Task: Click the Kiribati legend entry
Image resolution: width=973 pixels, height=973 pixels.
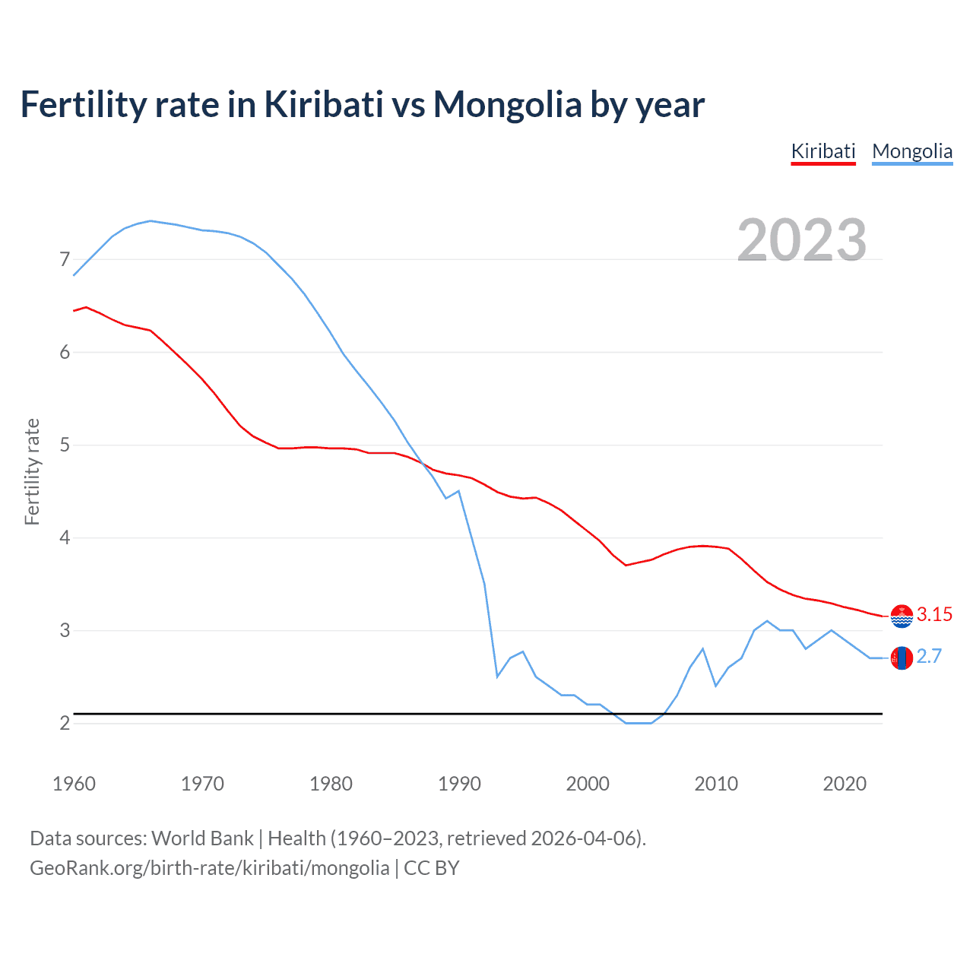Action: tap(823, 151)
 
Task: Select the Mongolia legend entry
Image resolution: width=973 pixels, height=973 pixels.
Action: tap(911, 151)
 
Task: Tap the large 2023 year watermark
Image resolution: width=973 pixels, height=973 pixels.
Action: tap(801, 240)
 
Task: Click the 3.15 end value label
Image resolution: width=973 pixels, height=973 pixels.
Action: tap(934, 614)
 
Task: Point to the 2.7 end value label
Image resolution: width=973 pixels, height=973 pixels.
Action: tap(929, 656)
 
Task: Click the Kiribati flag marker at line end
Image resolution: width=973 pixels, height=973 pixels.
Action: tap(902, 616)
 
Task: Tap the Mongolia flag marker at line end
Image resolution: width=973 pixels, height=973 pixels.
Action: tap(902, 658)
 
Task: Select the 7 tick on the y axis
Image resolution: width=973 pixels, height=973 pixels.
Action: tap(65, 260)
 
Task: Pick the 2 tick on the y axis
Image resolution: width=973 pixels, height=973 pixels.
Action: tap(65, 723)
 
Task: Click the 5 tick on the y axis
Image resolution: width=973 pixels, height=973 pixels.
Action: tap(65, 445)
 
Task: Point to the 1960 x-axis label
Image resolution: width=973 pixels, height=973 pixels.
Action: tap(74, 784)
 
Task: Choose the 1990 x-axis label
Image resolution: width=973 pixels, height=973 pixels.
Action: tap(459, 784)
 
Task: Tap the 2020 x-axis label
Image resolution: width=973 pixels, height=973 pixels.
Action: tap(845, 784)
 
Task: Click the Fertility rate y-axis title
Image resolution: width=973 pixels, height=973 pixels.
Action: tap(32, 471)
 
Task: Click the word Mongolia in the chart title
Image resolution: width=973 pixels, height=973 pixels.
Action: tap(507, 104)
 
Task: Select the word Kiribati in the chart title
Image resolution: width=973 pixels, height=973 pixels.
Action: tap(323, 104)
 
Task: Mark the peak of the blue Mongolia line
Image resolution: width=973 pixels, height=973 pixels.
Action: tap(151, 220)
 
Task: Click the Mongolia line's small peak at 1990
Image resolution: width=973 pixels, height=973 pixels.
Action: tap(458, 491)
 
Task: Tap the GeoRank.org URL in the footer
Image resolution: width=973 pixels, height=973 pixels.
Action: tap(209, 868)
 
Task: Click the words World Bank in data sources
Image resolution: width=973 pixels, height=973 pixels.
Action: tap(202, 838)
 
